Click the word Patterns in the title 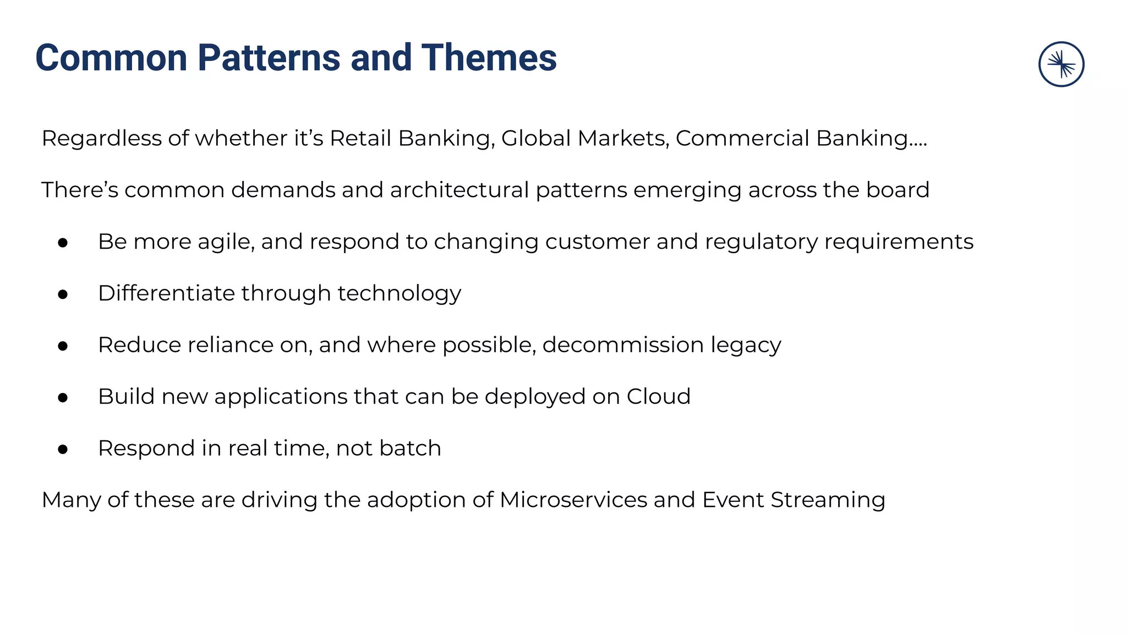pyautogui.click(x=269, y=58)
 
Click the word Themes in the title pyautogui.click(x=489, y=58)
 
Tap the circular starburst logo pyautogui.click(x=1061, y=64)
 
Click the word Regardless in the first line pyautogui.click(x=102, y=138)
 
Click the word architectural pyautogui.click(x=459, y=190)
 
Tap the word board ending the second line pyautogui.click(x=898, y=190)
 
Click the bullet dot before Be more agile pyautogui.click(x=63, y=243)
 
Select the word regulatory pyautogui.click(x=761, y=242)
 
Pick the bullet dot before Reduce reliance pyautogui.click(x=63, y=346)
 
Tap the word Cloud pyautogui.click(x=658, y=397)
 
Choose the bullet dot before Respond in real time pyautogui.click(x=63, y=450)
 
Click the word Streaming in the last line pyautogui.click(x=828, y=500)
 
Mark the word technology pyautogui.click(x=399, y=293)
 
